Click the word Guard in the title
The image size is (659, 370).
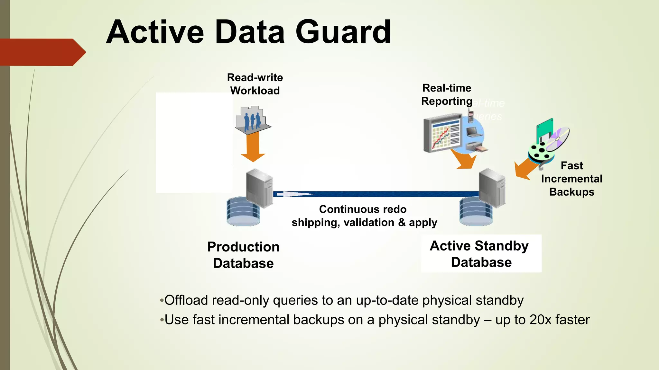click(x=343, y=32)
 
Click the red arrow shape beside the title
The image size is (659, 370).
click(x=42, y=52)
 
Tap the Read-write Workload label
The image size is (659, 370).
click(x=255, y=84)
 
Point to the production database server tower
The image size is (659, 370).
click(x=259, y=188)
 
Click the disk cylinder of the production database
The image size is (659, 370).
click(x=243, y=212)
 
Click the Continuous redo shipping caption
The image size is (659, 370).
click(x=364, y=216)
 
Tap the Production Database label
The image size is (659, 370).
click(x=243, y=255)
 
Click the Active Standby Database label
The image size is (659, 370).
click(x=481, y=254)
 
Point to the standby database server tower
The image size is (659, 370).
click(x=492, y=188)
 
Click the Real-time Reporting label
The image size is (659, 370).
click(x=447, y=94)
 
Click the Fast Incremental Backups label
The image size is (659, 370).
click(x=571, y=179)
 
